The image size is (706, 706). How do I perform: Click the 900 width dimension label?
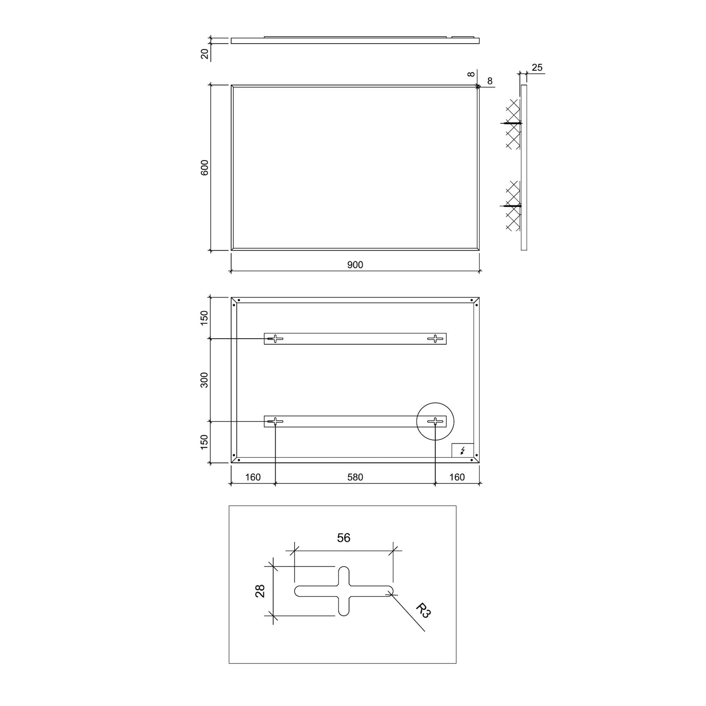[355, 264]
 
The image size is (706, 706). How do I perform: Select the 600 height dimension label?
[204, 168]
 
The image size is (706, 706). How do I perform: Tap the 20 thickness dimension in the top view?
[205, 54]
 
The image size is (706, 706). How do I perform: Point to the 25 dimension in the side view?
[537, 68]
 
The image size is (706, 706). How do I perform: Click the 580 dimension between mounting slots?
[355, 477]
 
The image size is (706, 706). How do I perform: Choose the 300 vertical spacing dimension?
[204, 380]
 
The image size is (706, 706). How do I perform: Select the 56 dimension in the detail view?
[343, 538]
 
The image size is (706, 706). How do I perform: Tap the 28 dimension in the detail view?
[260, 591]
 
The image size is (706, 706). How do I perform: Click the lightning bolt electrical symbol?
[463, 450]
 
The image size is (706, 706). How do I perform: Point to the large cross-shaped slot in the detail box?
[344, 591]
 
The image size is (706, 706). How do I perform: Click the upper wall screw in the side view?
[511, 123]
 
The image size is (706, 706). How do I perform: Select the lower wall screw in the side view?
[511, 206]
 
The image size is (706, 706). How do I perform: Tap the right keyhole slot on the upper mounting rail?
[435, 339]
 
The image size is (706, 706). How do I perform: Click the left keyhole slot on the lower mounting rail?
[275, 421]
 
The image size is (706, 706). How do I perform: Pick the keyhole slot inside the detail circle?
[435, 421]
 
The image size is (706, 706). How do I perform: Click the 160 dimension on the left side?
[252, 477]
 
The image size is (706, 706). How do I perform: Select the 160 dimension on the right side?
[457, 477]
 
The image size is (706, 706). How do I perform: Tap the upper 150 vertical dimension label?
[204, 318]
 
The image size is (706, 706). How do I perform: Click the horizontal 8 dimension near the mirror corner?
[490, 81]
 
